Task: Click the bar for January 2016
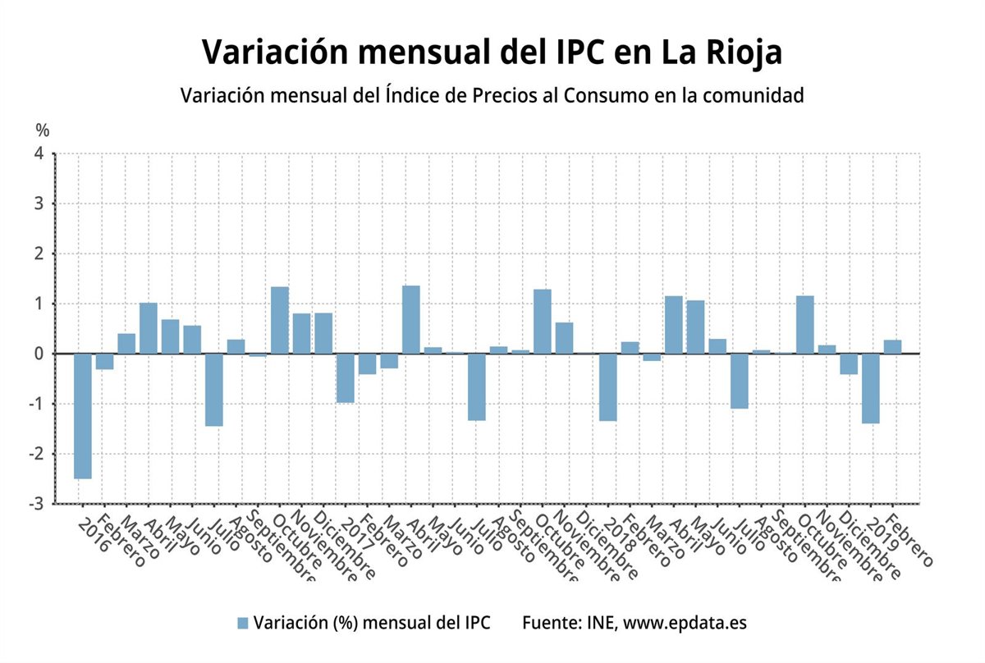(82, 415)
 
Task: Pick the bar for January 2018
(607, 386)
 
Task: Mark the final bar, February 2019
(892, 347)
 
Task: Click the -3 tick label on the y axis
(39, 504)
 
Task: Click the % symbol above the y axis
(43, 130)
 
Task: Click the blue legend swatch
(242, 623)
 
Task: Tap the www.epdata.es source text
(685, 623)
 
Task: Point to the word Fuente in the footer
(548, 623)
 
